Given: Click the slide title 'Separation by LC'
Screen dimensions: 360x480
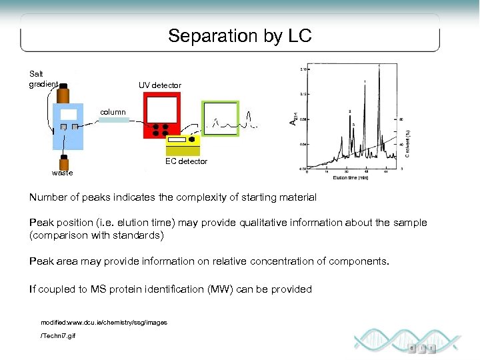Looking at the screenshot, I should [239, 36].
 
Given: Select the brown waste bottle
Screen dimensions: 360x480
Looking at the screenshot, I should [65, 163].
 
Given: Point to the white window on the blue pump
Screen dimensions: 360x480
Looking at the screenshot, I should [68, 114].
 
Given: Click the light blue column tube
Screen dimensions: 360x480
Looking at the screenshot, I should [113, 121].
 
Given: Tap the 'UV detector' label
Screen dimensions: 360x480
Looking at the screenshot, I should [159, 85].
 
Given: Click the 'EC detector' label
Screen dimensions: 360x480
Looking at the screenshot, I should [186, 161].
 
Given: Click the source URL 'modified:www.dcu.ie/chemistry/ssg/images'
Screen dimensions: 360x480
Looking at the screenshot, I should [104, 323].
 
